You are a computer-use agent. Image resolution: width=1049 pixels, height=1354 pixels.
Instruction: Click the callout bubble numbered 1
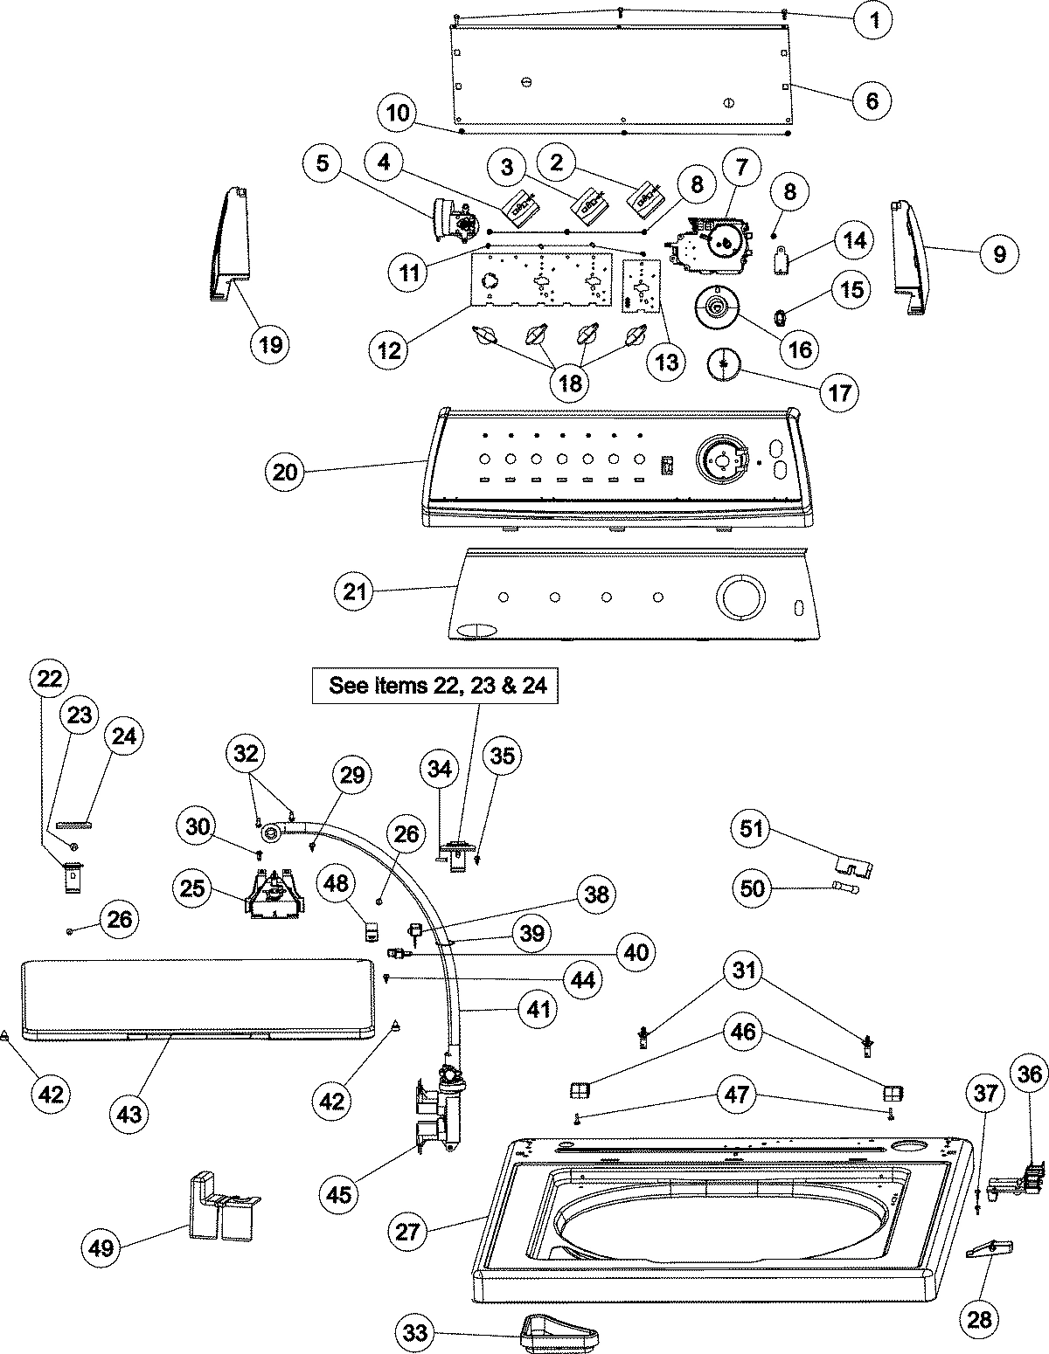[x=872, y=20]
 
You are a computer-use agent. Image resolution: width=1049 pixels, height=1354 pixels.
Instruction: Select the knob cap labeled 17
[x=723, y=362]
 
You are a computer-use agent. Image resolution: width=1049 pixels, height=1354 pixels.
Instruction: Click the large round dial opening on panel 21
[x=740, y=598]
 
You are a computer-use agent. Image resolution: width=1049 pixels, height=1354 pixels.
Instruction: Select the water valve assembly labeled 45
[x=441, y=1104]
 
